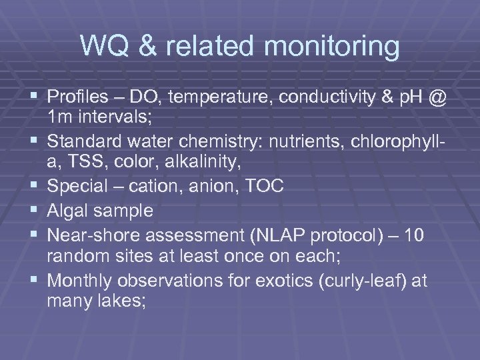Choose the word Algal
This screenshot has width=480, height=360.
68,211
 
